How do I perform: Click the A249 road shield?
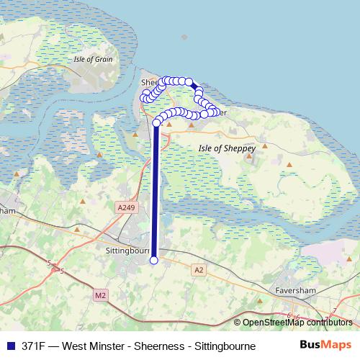pyautogui.click(x=125, y=207)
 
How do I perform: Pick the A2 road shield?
pyautogui.click(x=199, y=269)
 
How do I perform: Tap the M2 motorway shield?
pyautogui.click(x=99, y=294)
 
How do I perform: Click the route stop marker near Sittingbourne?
pyautogui.click(x=153, y=261)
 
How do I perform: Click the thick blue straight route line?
pyautogui.click(x=155, y=194)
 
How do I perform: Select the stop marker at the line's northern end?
pyautogui.click(x=156, y=124)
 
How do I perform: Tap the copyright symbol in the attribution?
pyautogui.click(x=238, y=323)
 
